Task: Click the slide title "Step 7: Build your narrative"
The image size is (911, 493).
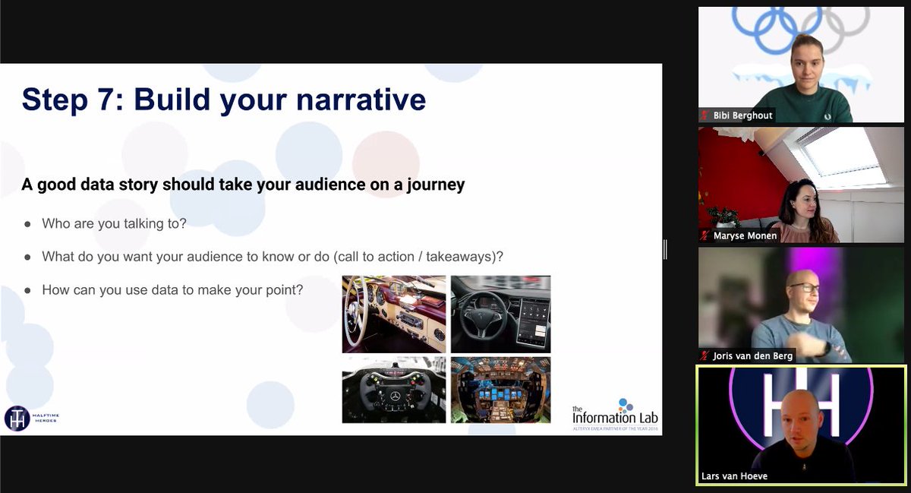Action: (223, 100)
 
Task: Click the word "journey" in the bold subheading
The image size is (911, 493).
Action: (434, 185)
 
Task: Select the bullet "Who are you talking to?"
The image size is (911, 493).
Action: (114, 223)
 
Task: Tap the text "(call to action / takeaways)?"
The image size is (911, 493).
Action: (418, 257)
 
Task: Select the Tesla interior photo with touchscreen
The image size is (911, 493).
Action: (500, 314)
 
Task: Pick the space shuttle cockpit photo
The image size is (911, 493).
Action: (500, 390)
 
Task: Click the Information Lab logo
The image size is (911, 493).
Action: (615, 414)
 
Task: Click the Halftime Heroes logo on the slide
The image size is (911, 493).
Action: (30, 418)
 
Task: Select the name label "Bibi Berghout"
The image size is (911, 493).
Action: (742, 115)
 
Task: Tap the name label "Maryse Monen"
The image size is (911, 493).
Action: (743, 236)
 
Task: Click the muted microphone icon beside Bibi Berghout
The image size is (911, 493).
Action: (705, 115)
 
